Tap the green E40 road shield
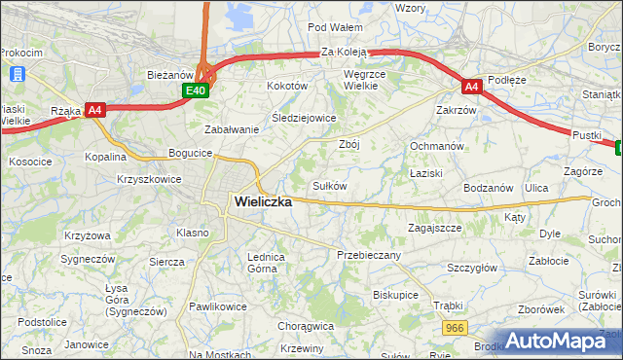click(x=196, y=90)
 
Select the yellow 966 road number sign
click(x=454, y=330)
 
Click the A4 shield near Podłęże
click(x=471, y=87)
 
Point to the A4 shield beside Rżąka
click(x=94, y=110)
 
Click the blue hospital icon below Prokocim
click(x=17, y=73)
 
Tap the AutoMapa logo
click(x=560, y=342)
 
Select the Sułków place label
click(x=329, y=186)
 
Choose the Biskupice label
click(x=395, y=294)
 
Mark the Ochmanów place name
click(x=434, y=146)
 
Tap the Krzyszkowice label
click(x=148, y=180)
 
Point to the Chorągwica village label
click(x=306, y=327)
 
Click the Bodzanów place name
click(x=489, y=187)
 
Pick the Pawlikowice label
click(x=217, y=306)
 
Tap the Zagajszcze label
click(x=433, y=228)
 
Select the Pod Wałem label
click(x=335, y=27)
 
